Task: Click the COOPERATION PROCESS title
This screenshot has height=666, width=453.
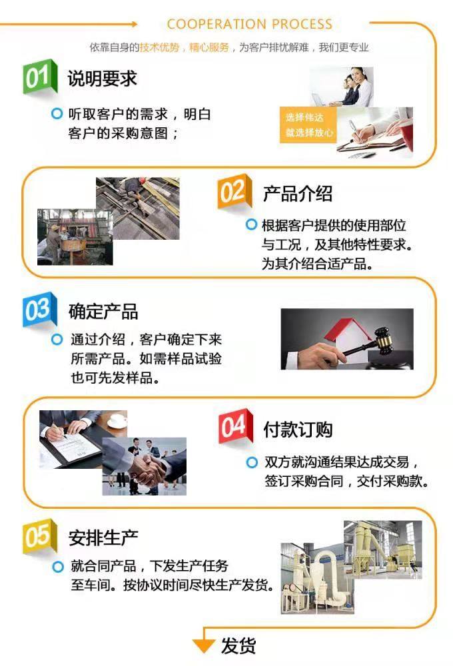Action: tap(249, 24)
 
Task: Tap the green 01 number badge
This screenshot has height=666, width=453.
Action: tap(39, 77)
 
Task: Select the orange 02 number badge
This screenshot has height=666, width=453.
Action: tap(234, 192)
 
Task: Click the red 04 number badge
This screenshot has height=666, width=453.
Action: tap(235, 426)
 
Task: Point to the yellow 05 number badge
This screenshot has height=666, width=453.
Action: tap(39, 536)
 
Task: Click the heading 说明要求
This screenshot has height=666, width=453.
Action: tap(102, 79)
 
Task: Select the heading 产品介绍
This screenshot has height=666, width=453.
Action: tap(298, 194)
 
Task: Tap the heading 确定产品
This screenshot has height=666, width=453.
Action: tap(103, 311)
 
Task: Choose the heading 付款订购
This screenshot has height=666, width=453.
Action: tap(298, 430)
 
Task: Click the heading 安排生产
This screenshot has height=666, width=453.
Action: tap(103, 537)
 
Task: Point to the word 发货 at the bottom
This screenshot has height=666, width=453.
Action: tap(238, 645)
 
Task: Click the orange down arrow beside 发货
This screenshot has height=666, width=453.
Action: tap(203, 645)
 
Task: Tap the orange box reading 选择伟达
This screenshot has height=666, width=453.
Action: tap(308, 125)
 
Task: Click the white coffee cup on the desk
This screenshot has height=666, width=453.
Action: tap(117, 420)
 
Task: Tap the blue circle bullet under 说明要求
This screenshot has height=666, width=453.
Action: tap(57, 113)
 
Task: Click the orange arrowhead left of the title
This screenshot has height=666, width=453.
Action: tap(135, 24)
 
